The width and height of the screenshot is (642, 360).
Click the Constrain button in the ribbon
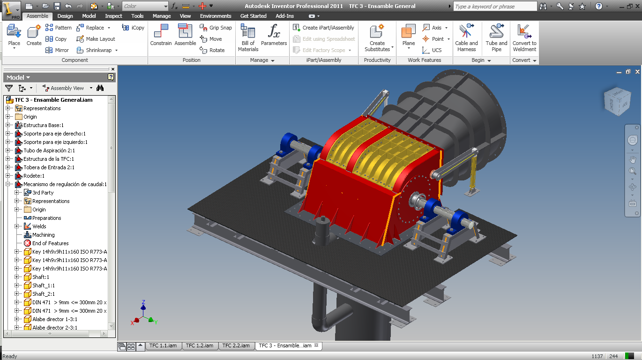click(161, 35)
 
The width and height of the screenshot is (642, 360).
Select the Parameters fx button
click(274, 35)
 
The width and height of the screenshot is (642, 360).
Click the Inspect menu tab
click(113, 16)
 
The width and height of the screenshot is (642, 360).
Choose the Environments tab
click(216, 16)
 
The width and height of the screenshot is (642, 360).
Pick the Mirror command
click(57, 50)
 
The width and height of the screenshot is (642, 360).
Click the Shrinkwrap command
click(97, 50)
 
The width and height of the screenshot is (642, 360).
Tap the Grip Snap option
click(216, 28)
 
